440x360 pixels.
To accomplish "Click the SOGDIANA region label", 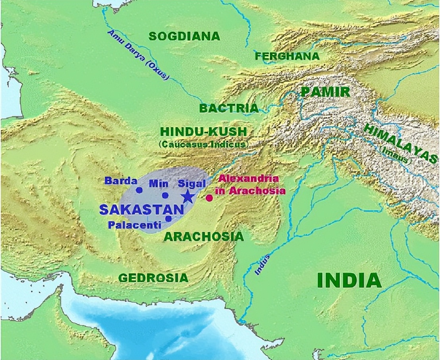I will tap(184, 36).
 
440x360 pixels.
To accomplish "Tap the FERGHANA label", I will tap(287, 56).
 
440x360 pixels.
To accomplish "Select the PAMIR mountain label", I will tap(325, 92).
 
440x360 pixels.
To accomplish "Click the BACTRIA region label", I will tap(229, 108).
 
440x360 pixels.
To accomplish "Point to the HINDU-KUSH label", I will tap(203, 132).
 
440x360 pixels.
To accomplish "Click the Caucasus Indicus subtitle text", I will tap(203, 144).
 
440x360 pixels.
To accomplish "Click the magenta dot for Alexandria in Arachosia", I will tap(209, 198).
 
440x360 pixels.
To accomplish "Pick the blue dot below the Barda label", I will tap(139, 190).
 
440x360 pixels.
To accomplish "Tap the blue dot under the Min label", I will tap(165, 195).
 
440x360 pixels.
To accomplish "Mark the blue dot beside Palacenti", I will tap(168, 218).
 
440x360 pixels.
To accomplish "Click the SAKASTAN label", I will tap(141, 210).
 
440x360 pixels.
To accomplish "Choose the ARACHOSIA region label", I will tap(204, 236).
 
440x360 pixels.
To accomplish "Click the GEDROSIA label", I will tap(153, 278).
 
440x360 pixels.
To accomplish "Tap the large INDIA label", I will tap(349, 281).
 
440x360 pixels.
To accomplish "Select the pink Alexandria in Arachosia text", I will tap(250, 184).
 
